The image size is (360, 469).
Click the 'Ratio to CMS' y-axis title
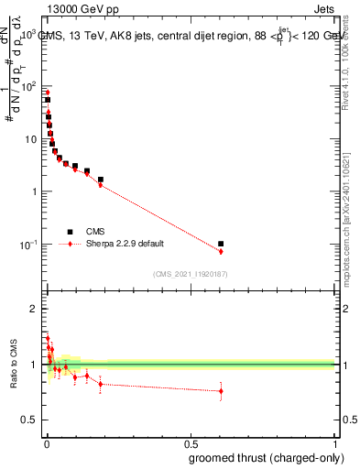pyautogui.click(x=13, y=365)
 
